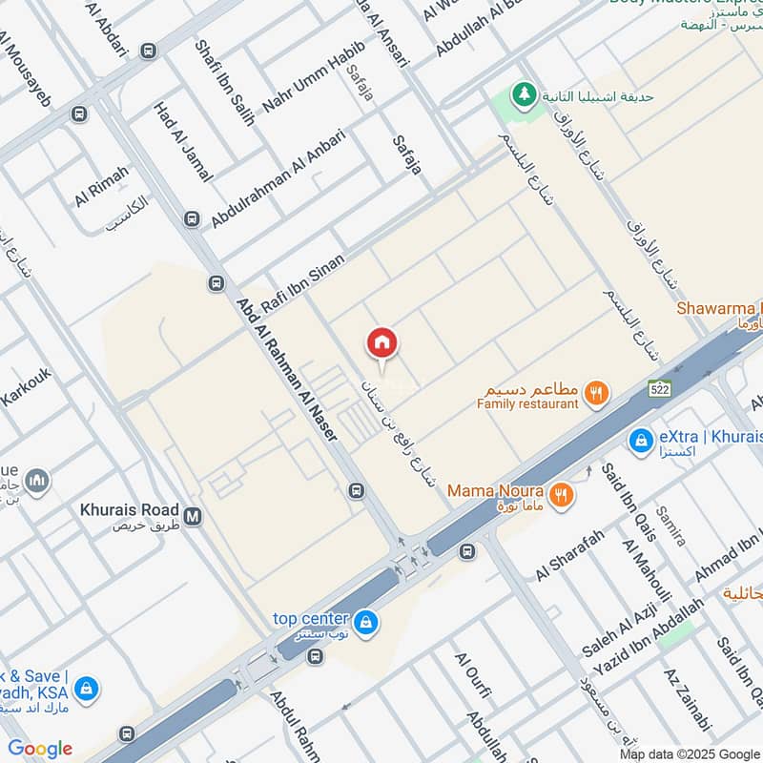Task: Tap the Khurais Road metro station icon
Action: point(195,516)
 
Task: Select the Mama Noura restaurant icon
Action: point(562,494)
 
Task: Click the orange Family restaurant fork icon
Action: point(596,390)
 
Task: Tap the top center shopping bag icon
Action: point(366,623)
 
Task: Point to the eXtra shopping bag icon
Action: point(640,440)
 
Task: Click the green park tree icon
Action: point(522,94)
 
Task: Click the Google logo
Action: point(40,749)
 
